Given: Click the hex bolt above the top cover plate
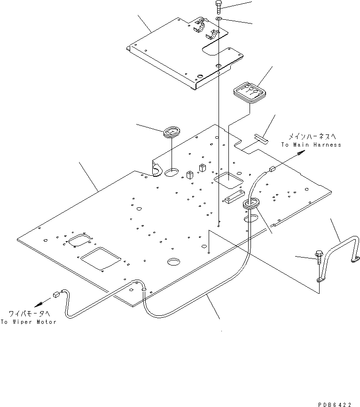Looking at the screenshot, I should tap(219, 7).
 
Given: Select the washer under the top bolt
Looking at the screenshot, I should tap(219, 19).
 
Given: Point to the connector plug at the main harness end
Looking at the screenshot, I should tap(271, 170).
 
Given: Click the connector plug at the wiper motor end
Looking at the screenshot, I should tap(57, 295).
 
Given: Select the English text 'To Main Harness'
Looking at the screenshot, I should tap(311, 145).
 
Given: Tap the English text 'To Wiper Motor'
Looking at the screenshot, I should tap(28, 322).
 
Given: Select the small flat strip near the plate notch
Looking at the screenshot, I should tap(260, 138).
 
